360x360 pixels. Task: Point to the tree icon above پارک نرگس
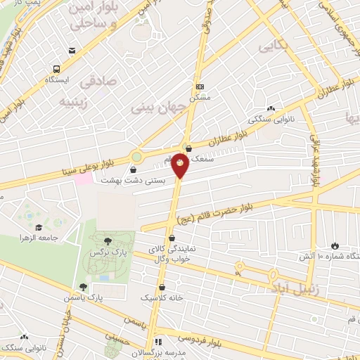click(x=108, y=242)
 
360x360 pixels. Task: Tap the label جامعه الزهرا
click(x=37, y=238)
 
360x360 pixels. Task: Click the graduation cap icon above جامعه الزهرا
click(x=39, y=227)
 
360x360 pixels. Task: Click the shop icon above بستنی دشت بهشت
click(x=134, y=169)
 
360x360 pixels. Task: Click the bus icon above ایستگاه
click(x=56, y=69)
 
